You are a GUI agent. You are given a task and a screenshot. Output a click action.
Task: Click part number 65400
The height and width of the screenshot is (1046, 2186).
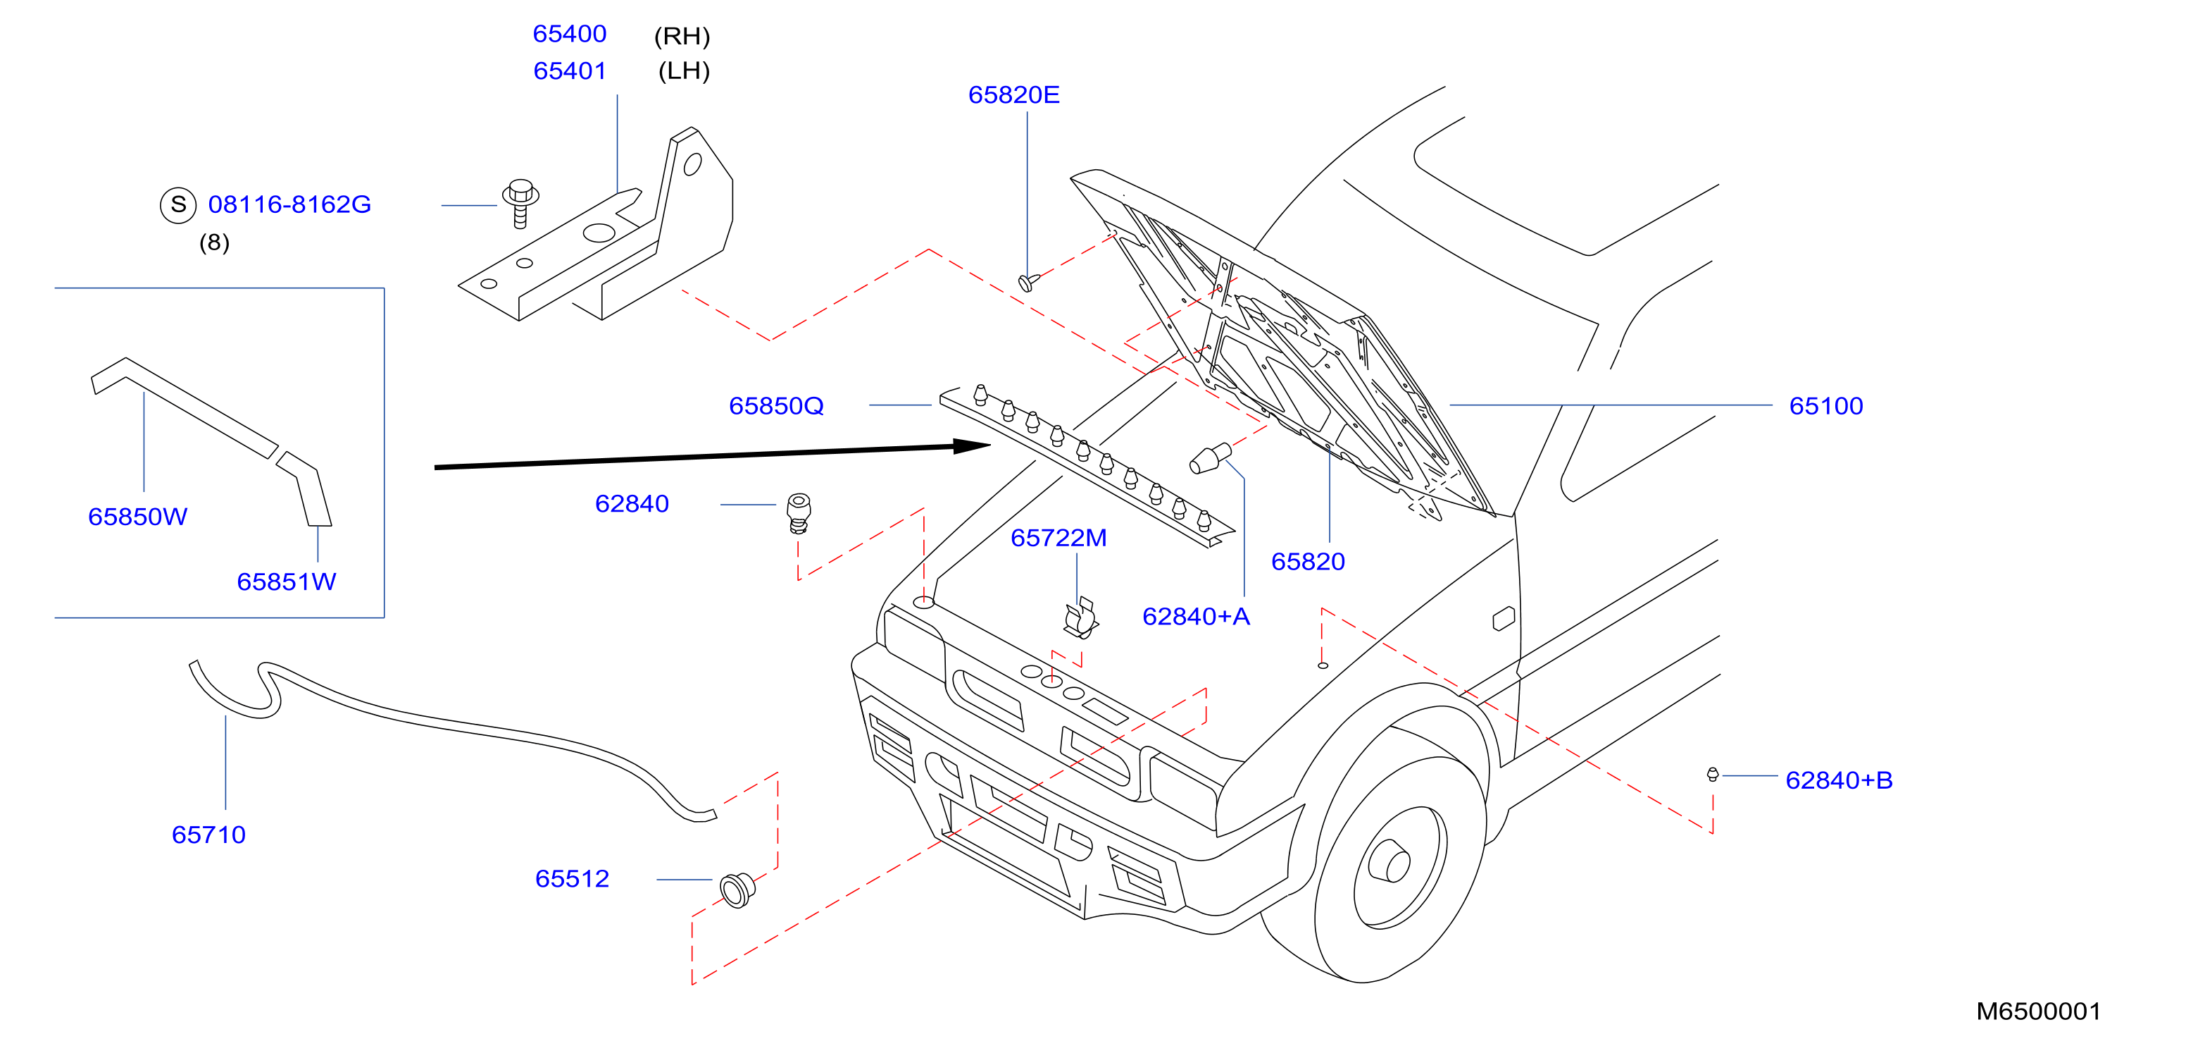pyautogui.click(x=570, y=34)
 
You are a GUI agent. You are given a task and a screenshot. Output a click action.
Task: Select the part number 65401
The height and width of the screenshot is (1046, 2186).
pyautogui.click(x=570, y=70)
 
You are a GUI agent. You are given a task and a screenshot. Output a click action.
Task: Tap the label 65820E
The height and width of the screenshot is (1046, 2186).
pyautogui.click(x=1013, y=94)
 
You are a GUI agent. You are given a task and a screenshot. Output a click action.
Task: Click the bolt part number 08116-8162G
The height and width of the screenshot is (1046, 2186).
pyautogui.click(x=289, y=204)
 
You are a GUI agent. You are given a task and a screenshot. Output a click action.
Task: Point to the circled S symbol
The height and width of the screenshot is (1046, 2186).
pyautogui.click(x=178, y=204)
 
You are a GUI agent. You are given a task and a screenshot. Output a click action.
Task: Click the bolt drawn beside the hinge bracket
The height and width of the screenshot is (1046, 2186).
pyautogui.click(x=520, y=202)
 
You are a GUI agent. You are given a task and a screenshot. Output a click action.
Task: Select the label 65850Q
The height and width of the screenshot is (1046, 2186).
pyautogui.click(x=777, y=406)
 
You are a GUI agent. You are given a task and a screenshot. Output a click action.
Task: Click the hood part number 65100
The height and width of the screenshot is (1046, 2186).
pyautogui.click(x=1826, y=406)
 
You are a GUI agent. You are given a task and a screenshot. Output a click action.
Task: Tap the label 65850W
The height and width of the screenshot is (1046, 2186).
pyautogui.click(x=137, y=517)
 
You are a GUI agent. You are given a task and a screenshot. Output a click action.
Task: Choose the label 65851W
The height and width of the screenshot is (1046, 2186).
pyautogui.click(x=287, y=582)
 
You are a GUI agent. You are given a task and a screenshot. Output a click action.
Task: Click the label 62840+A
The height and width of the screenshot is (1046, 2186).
pyautogui.click(x=1196, y=616)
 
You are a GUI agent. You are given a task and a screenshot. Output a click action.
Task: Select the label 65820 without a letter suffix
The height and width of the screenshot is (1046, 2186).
pyautogui.click(x=1308, y=561)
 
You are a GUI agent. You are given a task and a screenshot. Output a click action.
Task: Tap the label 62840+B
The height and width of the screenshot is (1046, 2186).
pyautogui.click(x=1839, y=780)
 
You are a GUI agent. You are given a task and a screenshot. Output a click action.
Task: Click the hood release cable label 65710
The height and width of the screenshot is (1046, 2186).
pyautogui.click(x=208, y=835)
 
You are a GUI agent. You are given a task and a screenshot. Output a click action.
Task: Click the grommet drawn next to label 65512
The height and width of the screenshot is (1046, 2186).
pyautogui.click(x=737, y=889)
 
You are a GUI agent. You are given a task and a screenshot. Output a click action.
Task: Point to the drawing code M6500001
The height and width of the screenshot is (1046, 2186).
pyautogui.click(x=2038, y=1011)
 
